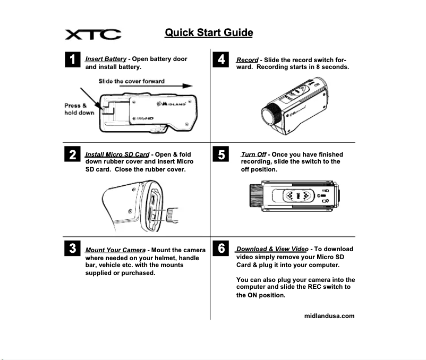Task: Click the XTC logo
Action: pyautogui.click(x=93, y=35)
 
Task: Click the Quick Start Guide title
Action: pyautogui.click(x=209, y=32)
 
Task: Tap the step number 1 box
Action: pyautogui.click(x=72, y=59)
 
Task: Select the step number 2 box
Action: pyautogui.click(x=72, y=155)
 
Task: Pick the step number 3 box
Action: pyautogui.click(x=72, y=248)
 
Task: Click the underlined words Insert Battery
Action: pyautogui.click(x=106, y=59)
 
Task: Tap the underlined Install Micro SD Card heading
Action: pyautogui.click(x=117, y=154)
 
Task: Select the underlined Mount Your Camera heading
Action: pyautogui.click(x=115, y=250)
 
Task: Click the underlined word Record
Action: pyautogui.click(x=247, y=60)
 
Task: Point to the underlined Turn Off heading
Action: pyautogui.click(x=253, y=155)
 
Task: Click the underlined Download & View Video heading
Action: pyautogui.click(x=272, y=248)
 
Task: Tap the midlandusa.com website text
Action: pyautogui.click(x=329, y=316)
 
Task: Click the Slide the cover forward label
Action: pyautogui.click(x=131, y=81)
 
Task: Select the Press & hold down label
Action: pyautogui.click(x=79, y=109)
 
